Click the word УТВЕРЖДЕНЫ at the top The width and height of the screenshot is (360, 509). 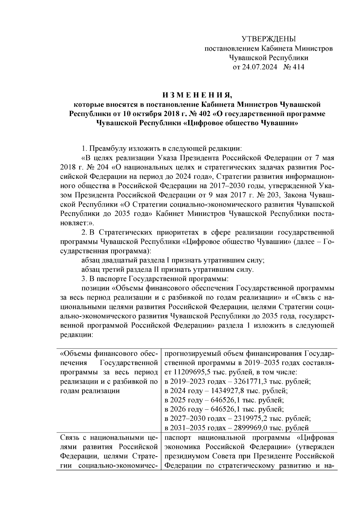(x=268, y=39)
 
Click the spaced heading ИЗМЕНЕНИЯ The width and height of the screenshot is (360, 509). (x=197, y=95)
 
